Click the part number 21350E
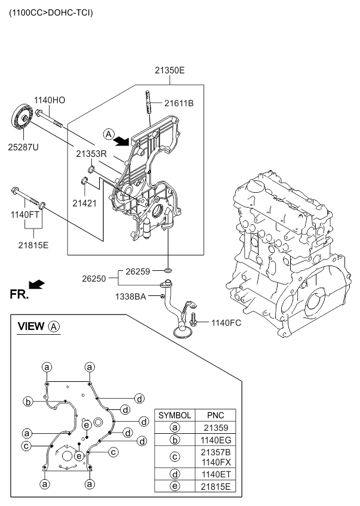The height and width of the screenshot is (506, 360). click(170, 70)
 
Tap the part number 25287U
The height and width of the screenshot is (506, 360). click(23, 147)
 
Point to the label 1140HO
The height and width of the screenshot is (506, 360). click(49, 100)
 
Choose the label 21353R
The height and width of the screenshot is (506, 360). click(91, 153)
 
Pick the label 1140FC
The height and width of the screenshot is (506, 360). click(225, 323)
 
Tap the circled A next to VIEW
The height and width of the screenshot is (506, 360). click(54, 326)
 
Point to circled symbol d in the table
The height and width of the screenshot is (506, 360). click(175, 474)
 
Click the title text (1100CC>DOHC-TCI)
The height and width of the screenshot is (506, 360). click(51, 12)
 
